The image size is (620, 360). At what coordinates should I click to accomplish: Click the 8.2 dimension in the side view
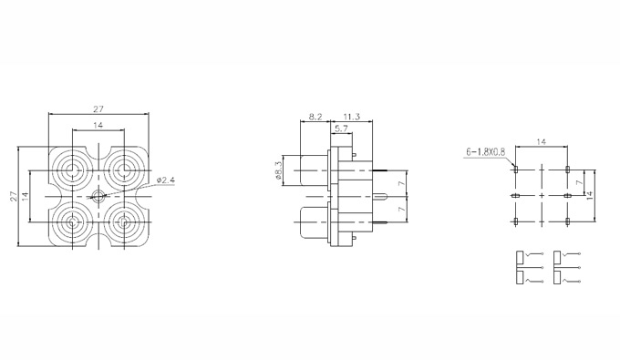tap(315, 117)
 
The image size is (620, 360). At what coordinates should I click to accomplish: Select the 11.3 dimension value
tap(352, 117)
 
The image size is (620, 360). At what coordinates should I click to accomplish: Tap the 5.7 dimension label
tap(341, 129)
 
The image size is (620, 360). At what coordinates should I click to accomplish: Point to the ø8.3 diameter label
tap(278, 170)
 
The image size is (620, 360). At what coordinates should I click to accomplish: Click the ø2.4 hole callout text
tap(165, 180)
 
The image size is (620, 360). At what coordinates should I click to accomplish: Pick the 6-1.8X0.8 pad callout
tap(486, 151)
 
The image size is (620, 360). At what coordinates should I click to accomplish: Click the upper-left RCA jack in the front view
tap(72, 170)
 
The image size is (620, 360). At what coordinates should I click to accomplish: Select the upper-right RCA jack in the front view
tap(124, 170)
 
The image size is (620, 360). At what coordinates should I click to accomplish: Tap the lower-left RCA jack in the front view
tap(72, 222)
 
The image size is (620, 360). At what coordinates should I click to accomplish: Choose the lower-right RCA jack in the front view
tap(124, 222)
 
